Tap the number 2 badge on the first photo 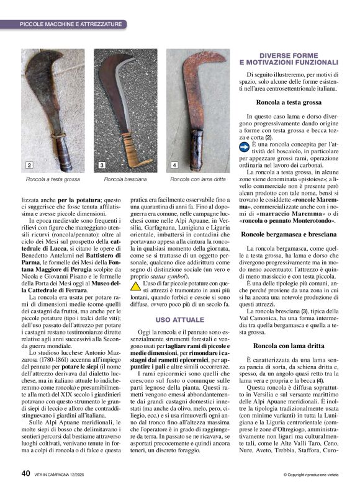29,166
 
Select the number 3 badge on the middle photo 102,166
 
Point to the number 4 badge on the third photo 174,166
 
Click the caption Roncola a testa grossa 53,179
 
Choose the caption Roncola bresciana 125,179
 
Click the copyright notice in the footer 314,475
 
